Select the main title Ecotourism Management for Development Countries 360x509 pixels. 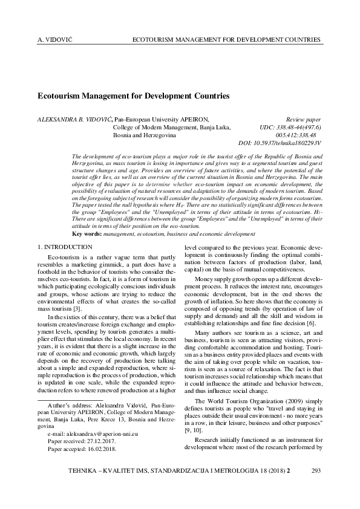pos(134,96)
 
